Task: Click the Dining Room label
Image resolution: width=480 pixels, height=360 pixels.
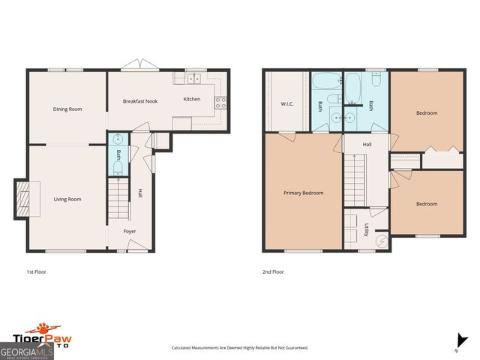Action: [x=67, y=109]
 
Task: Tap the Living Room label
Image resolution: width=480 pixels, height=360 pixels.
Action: [x=67, y=199]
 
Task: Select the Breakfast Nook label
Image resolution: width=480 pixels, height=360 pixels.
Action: [x=140, y=101]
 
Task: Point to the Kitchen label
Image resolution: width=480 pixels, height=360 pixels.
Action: [x=192, y=99]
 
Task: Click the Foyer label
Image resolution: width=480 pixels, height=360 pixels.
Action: [x=130, y=231]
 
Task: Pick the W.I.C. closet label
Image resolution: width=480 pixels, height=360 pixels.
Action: [x=286, y=103]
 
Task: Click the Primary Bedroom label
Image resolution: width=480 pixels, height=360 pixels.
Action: [x=303, y=193]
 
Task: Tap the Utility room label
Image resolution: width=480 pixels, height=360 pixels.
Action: [x=365, y=229]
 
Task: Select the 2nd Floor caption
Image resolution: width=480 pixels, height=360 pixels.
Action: [x=273, y=271]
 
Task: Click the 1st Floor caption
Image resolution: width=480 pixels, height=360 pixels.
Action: [x=36, y=271]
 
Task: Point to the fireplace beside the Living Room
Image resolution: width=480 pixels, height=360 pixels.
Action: [x=23, y=199]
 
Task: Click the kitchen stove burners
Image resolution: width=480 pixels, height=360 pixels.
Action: [x=221, y=103]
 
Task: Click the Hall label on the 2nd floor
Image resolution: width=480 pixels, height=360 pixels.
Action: [x=367, y=144]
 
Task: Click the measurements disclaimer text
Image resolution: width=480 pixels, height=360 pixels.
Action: [x=240, y=348]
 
